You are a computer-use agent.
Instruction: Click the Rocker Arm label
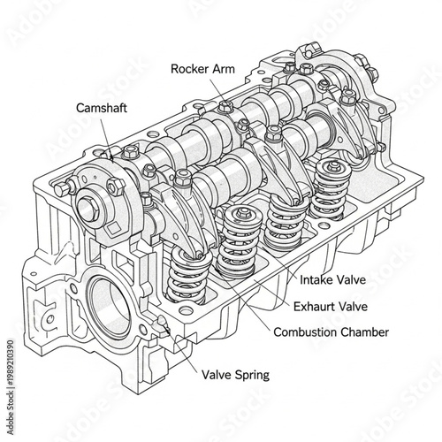tap(209, 68)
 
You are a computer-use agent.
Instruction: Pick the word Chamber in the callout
tap(366, 332)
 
